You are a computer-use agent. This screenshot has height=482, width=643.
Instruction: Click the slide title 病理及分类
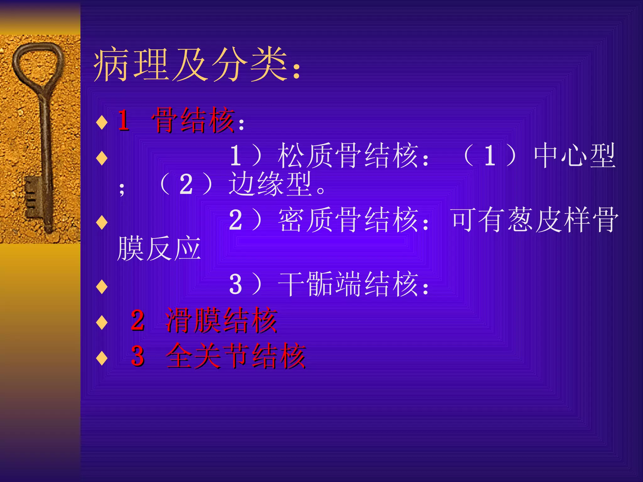tap(192, 65)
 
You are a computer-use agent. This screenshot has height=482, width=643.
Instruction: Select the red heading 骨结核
tap(193, 120)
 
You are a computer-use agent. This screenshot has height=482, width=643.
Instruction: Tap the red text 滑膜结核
tap(221, 320)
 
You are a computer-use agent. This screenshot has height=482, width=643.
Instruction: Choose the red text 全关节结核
tap(235, 356)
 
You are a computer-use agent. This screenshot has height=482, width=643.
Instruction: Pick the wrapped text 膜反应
tap(159, 249)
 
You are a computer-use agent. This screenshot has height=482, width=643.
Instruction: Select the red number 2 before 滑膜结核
tap(138, 320)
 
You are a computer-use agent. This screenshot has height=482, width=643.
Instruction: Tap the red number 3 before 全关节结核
tap(138, 356)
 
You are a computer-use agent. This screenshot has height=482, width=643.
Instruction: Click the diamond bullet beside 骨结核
tap(102, 122)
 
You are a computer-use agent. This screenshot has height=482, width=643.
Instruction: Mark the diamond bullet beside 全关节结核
tap(102, 358)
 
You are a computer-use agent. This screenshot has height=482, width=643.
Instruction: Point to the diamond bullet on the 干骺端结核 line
tap(102, 287)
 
